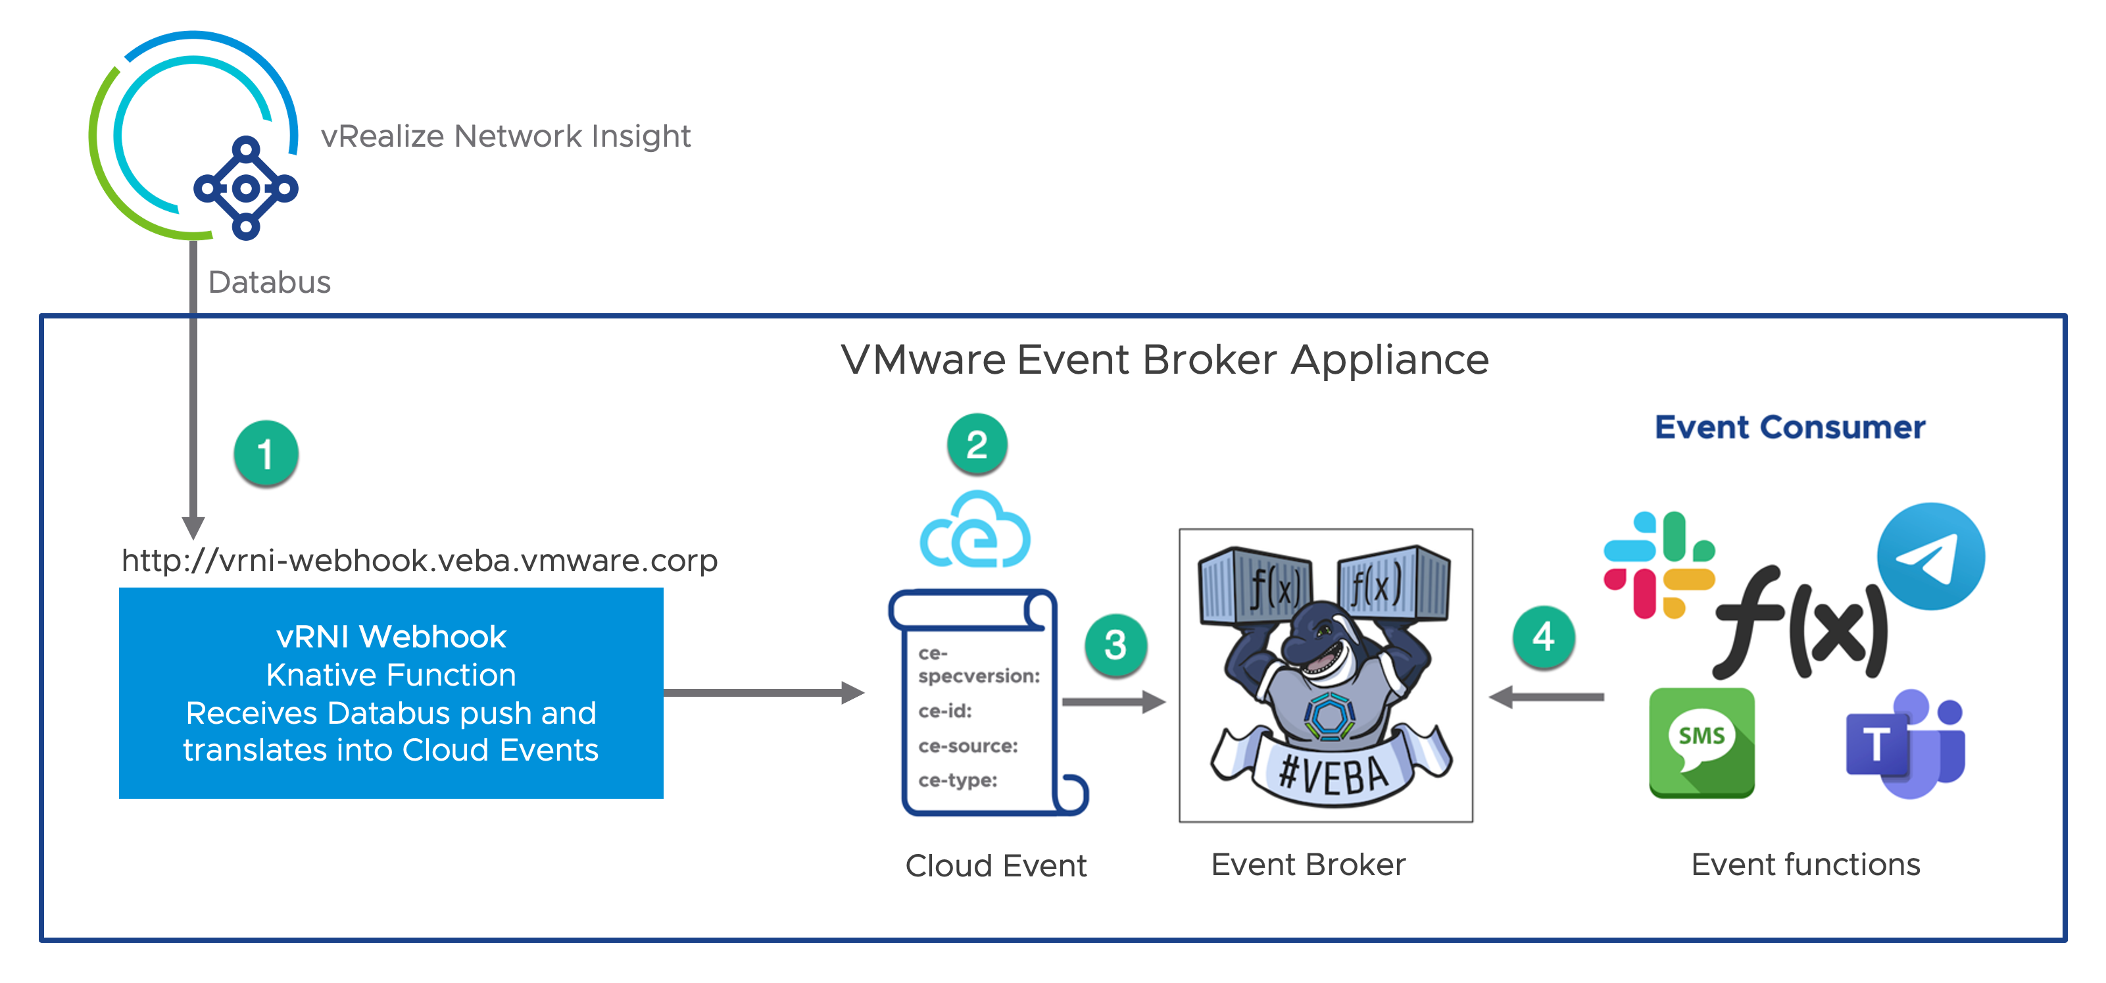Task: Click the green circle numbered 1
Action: pyautogui.click(x=266, y=453)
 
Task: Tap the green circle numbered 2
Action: pyautogui.click(x=977, y=444)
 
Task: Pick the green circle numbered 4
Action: pyautogui.click(x=1544, y=636)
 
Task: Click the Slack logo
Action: pyautogui.click(x=1659, y=565)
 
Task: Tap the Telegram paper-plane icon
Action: pyautogui.click(x=1930, y=556)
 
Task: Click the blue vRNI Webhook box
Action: pyautogui.click(x=391, y=693)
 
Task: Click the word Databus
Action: pyautogui.click(x=269, y=282)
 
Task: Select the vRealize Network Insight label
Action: pyautogui.click(x=505, y=136)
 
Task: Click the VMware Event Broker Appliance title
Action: pyautogui.click(x=1164, y=360)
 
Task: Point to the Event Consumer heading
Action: pyautogui.click(x=1790, y=427)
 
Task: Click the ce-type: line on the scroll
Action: pyautogui.click(x=958, y=780)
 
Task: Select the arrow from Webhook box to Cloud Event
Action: pyautogui.click(x=764, y=693)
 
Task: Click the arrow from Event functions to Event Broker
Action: pyautogui.click(x=1547, y=697)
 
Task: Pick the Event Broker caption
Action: pyautogui.click(x=1308, y=865)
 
